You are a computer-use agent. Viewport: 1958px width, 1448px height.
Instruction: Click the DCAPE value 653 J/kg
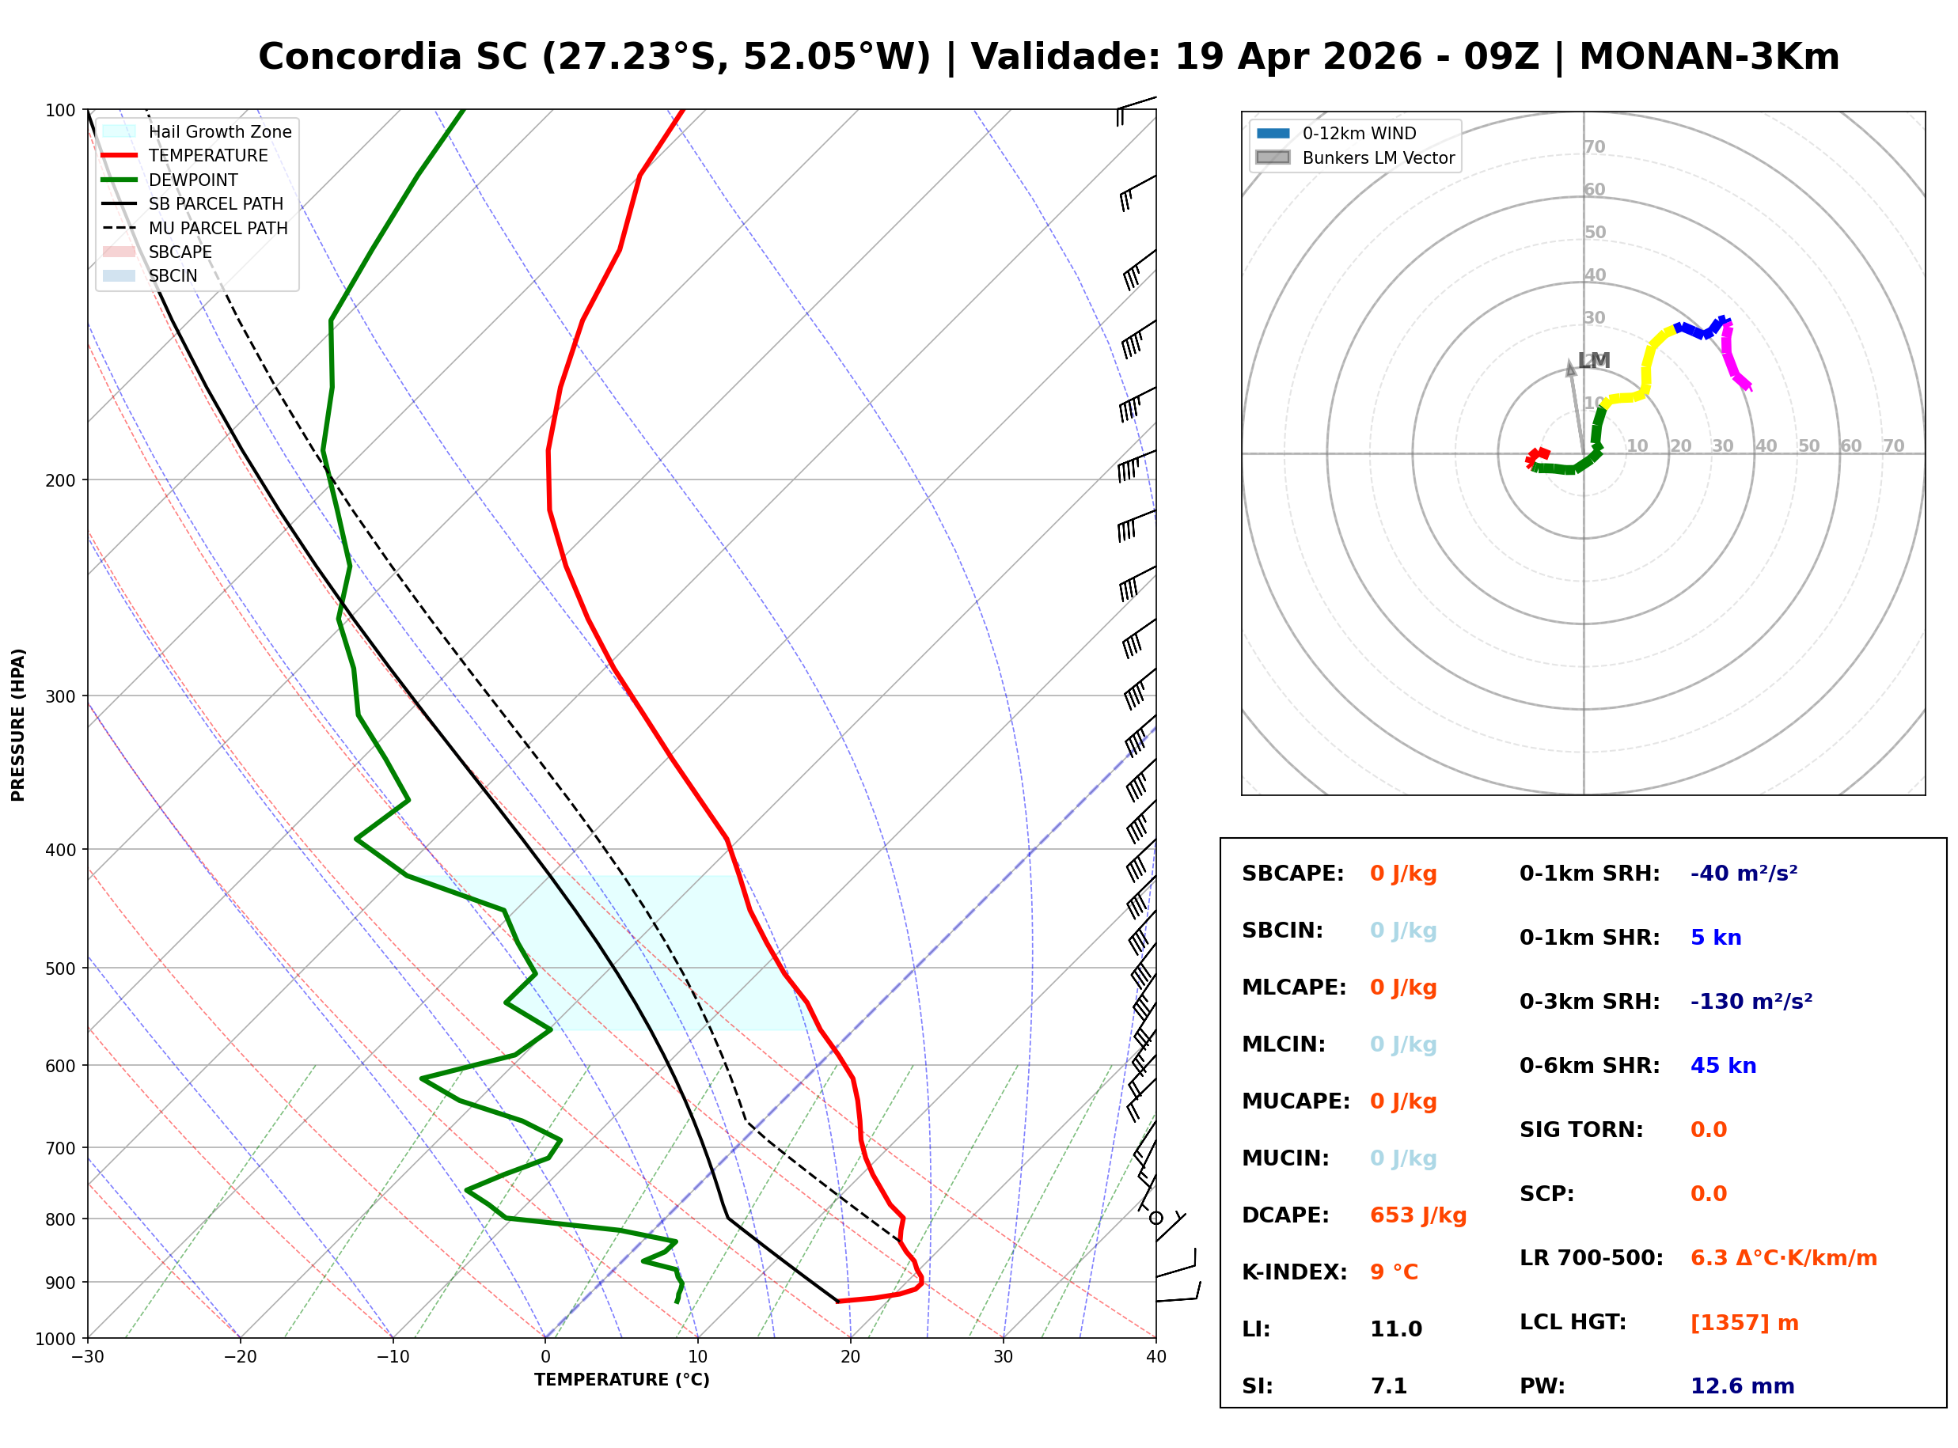click(1417, 1215)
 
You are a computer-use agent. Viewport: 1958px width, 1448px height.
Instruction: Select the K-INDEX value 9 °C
click(1394, 1272)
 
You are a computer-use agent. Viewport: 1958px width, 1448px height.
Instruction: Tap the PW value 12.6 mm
click(1741, 1385)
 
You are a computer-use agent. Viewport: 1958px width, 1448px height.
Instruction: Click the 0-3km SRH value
click(1751, 1001)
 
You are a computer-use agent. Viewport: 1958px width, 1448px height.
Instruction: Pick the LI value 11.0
click(1395, 1329)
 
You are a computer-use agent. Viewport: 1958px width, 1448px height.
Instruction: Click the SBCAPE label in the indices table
click(1292, 873)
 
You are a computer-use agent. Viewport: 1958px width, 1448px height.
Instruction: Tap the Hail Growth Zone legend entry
click(219, 131)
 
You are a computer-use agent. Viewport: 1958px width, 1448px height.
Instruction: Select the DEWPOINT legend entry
click(193, 180)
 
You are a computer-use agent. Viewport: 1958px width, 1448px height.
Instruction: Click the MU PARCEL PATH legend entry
click(218, 228)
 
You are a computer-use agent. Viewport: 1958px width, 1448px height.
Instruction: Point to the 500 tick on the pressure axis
click(59, 968)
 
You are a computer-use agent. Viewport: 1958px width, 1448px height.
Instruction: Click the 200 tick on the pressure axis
click(59, 480)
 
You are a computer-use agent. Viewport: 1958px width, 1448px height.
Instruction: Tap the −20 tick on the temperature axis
click(239, 1357)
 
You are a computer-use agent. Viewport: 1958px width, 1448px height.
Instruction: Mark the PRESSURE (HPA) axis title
click(18, 724)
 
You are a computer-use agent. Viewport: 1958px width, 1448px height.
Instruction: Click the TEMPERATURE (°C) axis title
click(621, 1380)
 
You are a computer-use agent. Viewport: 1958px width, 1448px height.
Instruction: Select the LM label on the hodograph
click(1593, 360)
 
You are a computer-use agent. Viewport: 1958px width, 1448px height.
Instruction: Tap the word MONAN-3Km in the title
click(1708, 57)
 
